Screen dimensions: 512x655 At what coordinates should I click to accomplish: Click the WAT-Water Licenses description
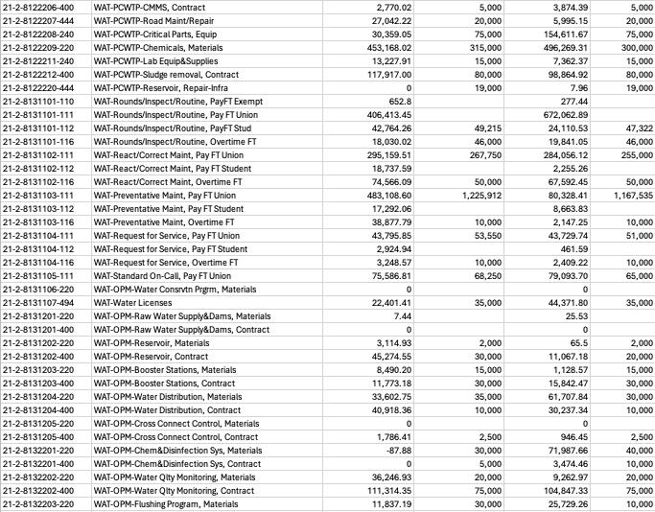[x=129, y=302]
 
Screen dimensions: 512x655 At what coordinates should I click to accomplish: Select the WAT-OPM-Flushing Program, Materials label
[x=166, y=503]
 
